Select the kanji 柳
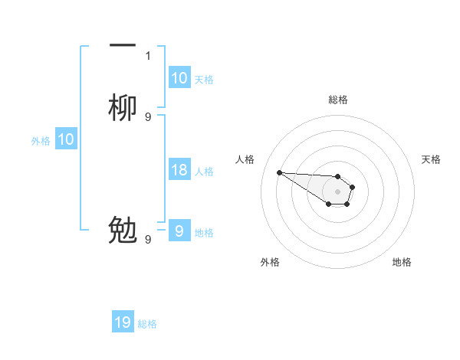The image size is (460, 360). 123,108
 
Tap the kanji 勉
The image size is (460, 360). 123,231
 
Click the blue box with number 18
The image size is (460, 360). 179,170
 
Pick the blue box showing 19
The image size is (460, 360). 123,322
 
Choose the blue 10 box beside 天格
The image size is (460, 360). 179,78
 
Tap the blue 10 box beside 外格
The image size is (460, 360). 66,139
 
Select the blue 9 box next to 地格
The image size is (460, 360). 179,231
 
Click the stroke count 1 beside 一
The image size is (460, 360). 148,55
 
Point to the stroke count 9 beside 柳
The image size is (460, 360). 148,116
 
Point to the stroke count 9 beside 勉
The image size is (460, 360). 148,239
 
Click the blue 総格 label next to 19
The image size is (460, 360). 147,324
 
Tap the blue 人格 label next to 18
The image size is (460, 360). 204,171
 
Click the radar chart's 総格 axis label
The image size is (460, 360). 337,100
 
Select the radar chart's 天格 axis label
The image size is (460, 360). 431,159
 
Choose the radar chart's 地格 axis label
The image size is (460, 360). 402,262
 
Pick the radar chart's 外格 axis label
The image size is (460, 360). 270,262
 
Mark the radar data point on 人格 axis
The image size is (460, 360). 279,172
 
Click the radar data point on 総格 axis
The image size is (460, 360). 337,176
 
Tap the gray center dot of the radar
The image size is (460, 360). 337,191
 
